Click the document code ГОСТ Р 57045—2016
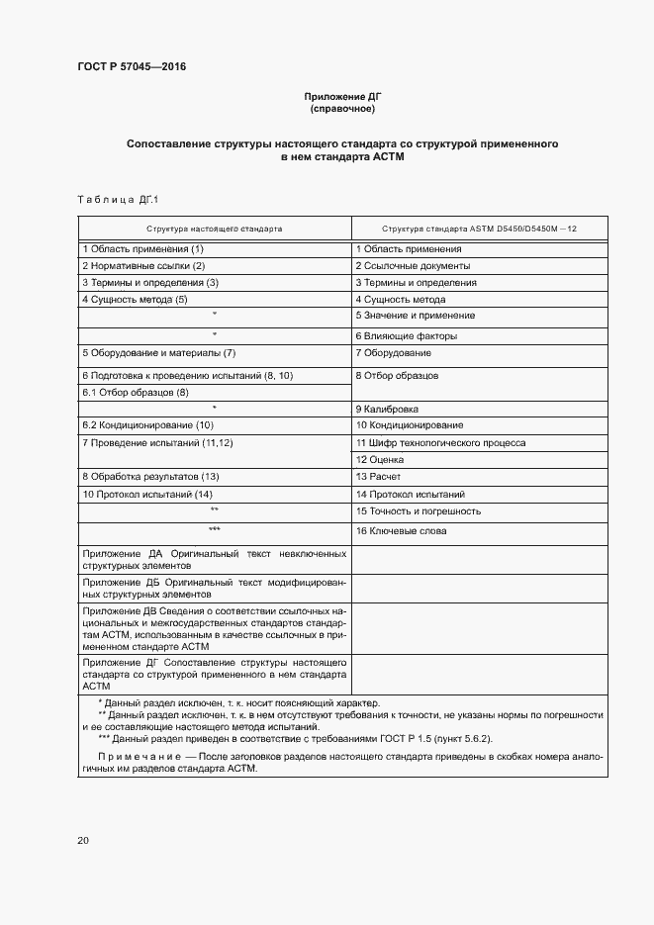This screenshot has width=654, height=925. click(x=132, y=67)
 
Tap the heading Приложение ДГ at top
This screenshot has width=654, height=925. click(x=342, y=96)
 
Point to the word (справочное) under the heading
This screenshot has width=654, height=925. click(x=342, y=109)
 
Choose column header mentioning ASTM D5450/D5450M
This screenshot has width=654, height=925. click(x=479, y=228)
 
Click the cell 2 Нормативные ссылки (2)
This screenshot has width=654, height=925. click(x=143, y=266)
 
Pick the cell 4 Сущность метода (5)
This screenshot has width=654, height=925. click(x=135, y=299)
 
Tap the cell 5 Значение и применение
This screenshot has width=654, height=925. click(x=415, y=316)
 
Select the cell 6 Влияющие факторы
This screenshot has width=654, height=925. click(x=407, y=336)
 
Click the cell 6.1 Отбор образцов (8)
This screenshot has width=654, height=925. click(x=135, y=393)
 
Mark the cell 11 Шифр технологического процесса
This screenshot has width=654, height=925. click(x=440, y=443)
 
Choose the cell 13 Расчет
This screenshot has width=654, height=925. click(x=378, y=477)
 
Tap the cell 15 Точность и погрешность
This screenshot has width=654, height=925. click(x=418, y=511)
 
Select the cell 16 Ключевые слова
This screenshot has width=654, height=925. click(x=401, y=531)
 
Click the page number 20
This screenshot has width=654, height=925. click(x=83, y=841)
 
